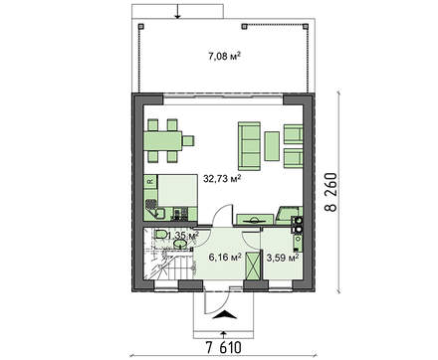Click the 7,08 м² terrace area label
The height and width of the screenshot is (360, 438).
(x=224, y=57)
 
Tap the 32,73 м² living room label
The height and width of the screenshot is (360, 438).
(x=222, y=179)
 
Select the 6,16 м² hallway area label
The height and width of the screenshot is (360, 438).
(x=225, y=257)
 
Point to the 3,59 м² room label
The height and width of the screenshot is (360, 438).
(x=283, y=258)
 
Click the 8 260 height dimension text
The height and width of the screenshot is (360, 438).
(x=330, y=192)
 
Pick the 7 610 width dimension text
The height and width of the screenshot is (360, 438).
(x=224, y=348)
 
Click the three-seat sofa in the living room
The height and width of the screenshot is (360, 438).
(x=249, y=146)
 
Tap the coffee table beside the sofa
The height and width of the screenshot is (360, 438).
(x=272, y=146)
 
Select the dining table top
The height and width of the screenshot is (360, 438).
(x=163, y=141)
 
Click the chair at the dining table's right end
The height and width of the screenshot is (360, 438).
(x=188, y=141)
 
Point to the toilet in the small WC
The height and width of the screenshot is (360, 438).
(x=162, y=235)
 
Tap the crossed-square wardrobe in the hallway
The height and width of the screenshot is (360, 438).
(x=253, y=266)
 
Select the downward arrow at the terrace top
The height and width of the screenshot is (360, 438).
(x=178, y=11)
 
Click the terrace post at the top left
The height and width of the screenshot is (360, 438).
(x=140, y=26)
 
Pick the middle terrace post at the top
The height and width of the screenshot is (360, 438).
(x=244, y=26)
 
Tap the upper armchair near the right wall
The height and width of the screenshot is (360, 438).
(x=294, y=134)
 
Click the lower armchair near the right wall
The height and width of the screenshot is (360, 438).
(x=294, y=159)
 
